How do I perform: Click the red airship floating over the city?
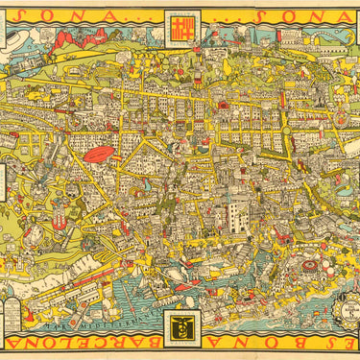[x=99, y=155]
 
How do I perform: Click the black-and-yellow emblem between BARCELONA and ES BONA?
[x=180, y=328]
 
